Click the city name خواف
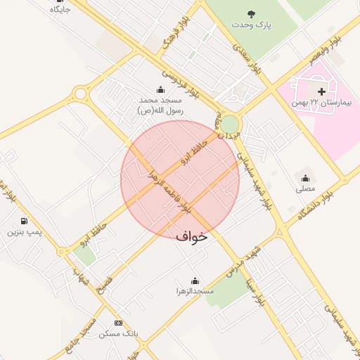(x=192, y=237)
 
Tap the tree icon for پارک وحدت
(x=252, y=13)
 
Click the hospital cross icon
(x=322, y=91)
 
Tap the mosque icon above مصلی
(x=305, y=177)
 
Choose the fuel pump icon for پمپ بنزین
(x=24, y=221)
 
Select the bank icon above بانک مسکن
(x=117, y=323)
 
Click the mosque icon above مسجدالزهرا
(x=195, y=281)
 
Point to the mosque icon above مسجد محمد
(x=160, y=89)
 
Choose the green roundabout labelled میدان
(x=230, y=124)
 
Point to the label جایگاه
(x=60, y=10)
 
